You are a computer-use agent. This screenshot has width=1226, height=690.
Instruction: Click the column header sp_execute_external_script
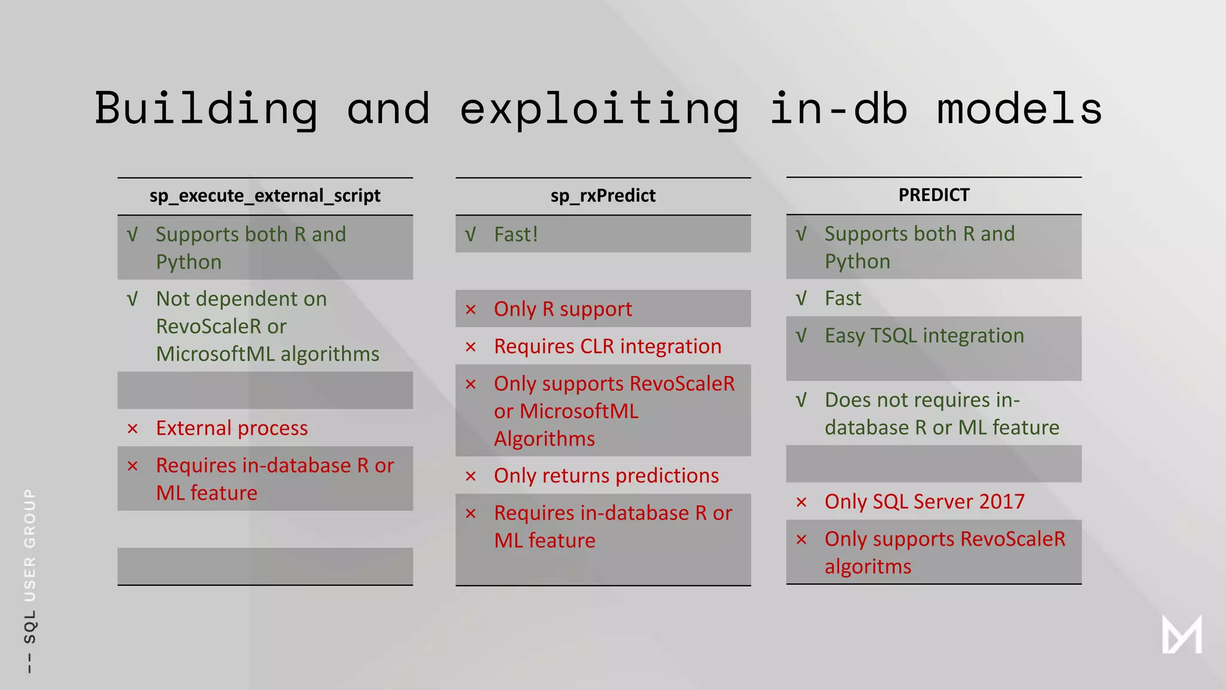[265, 196]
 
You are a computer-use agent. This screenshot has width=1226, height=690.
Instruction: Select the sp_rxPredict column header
[603, 196]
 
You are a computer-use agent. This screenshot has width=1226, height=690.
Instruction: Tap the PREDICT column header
[933, 195]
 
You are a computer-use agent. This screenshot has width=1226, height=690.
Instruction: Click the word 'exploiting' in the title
[599, 110]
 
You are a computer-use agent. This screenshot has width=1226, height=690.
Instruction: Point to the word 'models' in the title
[1019, 110]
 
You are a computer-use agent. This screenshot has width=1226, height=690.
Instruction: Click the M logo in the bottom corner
[1182, 634]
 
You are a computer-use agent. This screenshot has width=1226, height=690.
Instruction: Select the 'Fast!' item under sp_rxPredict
[516, 234]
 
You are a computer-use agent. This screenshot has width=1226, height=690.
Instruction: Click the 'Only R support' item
[563, 309]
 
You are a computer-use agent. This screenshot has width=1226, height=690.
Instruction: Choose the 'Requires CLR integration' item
[608, 346]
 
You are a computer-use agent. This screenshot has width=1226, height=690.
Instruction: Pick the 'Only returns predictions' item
[606, 476]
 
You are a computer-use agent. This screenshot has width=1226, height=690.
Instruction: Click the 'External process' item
[232, 428]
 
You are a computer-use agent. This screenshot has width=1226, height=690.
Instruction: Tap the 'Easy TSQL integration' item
[924, 335]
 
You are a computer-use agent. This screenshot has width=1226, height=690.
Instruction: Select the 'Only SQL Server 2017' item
[924, 501]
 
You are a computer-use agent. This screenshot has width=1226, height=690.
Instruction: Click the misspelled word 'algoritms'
[868, 567]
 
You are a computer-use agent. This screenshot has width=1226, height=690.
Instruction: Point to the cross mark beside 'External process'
[133, 429]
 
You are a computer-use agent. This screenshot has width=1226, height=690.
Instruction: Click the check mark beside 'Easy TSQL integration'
[801, 336]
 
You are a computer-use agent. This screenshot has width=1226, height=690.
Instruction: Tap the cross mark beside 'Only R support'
[471, 310]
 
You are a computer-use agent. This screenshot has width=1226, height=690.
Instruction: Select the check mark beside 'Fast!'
[471, 235]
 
